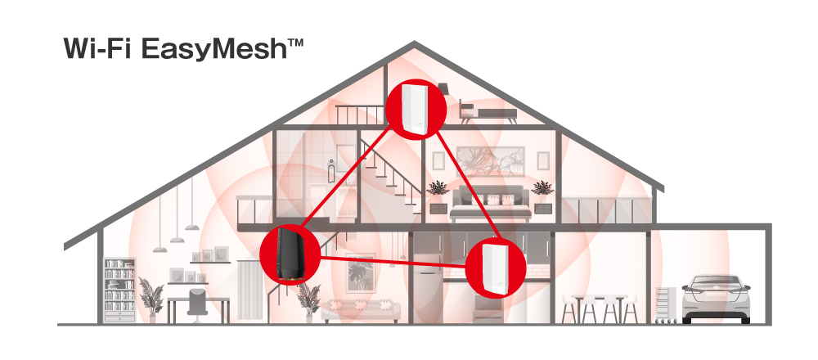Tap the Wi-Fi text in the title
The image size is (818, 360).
click(x=99, y=48)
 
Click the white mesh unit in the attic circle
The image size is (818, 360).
click(x=414, y=109)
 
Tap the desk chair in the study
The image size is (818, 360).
click(x=197, y=302)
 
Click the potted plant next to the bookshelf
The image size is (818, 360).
click(x=151, y=296)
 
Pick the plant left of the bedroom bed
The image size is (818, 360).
click(x=438, y=196)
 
